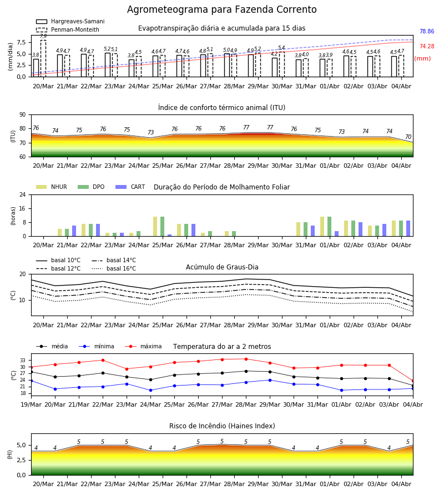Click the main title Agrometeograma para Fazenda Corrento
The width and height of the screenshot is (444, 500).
[x=221, y=9]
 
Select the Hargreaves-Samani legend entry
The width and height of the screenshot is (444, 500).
[x=70, y=21]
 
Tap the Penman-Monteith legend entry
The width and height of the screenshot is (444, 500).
[x=68, y=29]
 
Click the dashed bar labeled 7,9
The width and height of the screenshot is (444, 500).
[x=43, y=58]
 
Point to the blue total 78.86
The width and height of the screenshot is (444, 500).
[x=427, y=31]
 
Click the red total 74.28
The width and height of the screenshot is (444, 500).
[x=427, y=46]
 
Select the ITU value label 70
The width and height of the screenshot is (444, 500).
[x=408, y=137]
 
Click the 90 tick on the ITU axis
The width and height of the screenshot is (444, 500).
[x=23, y=115]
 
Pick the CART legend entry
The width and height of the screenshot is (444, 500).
[x=130, y=187]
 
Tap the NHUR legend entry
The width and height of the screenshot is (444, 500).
[x=52, y=187]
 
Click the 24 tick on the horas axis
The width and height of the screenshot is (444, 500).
[x=23, y=194]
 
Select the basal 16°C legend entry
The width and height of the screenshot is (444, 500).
[x=114, y=268]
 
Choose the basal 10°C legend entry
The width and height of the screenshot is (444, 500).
[x=58, y=260]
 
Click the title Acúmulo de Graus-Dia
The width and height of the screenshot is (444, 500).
[x=222, y=267]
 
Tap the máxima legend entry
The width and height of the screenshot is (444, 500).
[x=143, y=346]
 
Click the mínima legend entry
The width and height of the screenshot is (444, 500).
[x=97, y=346]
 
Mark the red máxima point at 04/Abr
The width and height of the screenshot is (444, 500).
[x=413, y=381]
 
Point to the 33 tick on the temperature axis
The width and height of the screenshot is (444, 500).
[x=23, y=361]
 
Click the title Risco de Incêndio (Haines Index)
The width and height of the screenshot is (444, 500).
[x=222, y=426]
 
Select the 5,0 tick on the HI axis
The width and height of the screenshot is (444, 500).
[x=21, y=445]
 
